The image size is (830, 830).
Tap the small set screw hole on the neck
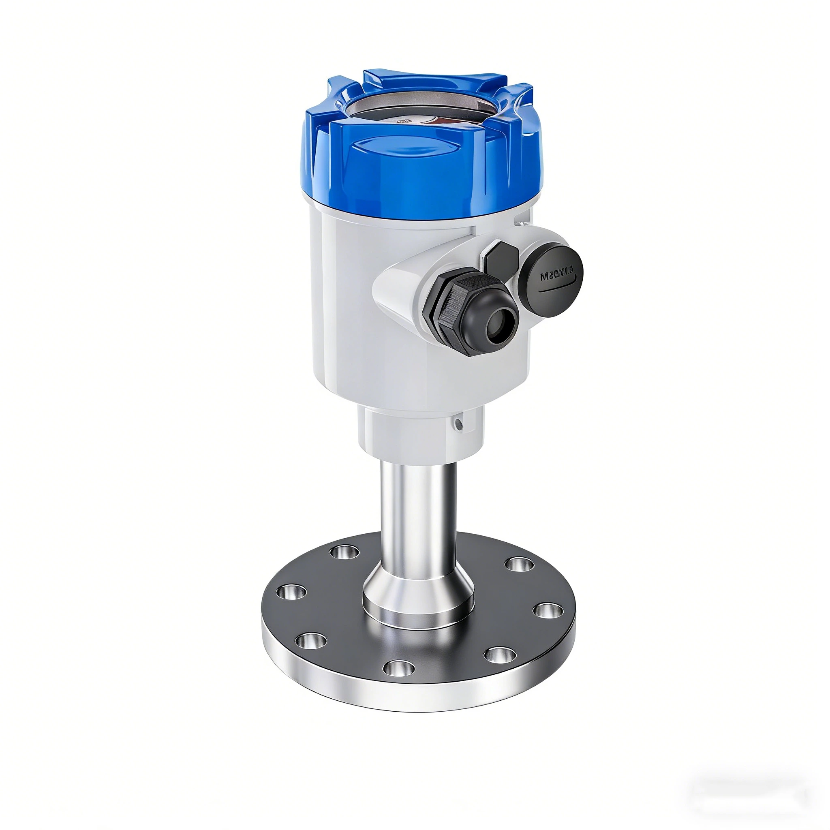point(459,425)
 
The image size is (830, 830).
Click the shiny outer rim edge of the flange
point(419,704)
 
